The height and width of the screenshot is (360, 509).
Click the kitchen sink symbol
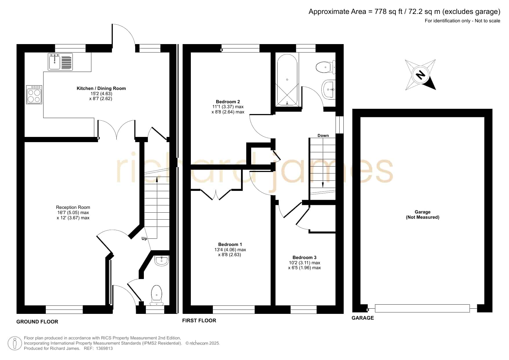point(60,62)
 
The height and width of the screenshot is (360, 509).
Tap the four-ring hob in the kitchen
point(34,95)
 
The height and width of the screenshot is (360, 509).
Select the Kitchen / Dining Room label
point(101,88)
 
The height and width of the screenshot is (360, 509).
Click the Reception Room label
point(73,207)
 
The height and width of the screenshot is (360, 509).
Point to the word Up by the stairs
point(144,239)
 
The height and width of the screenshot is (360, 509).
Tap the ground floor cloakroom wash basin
point(162,261)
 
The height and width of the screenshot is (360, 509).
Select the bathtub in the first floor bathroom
point(287,80)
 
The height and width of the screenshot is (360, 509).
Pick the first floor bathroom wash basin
point(329,89)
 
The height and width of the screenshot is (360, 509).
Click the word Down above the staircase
point(323,135)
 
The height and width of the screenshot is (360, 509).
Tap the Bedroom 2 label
point(228,102)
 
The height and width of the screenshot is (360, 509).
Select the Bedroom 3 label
point(305,257)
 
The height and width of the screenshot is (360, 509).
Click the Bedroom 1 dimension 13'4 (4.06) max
point(230,249)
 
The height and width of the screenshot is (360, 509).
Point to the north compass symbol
point(420,75)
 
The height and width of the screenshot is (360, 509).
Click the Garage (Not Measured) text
point(423,214)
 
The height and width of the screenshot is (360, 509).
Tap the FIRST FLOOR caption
point(199,321)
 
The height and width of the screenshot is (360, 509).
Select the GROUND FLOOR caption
point(37,322)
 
